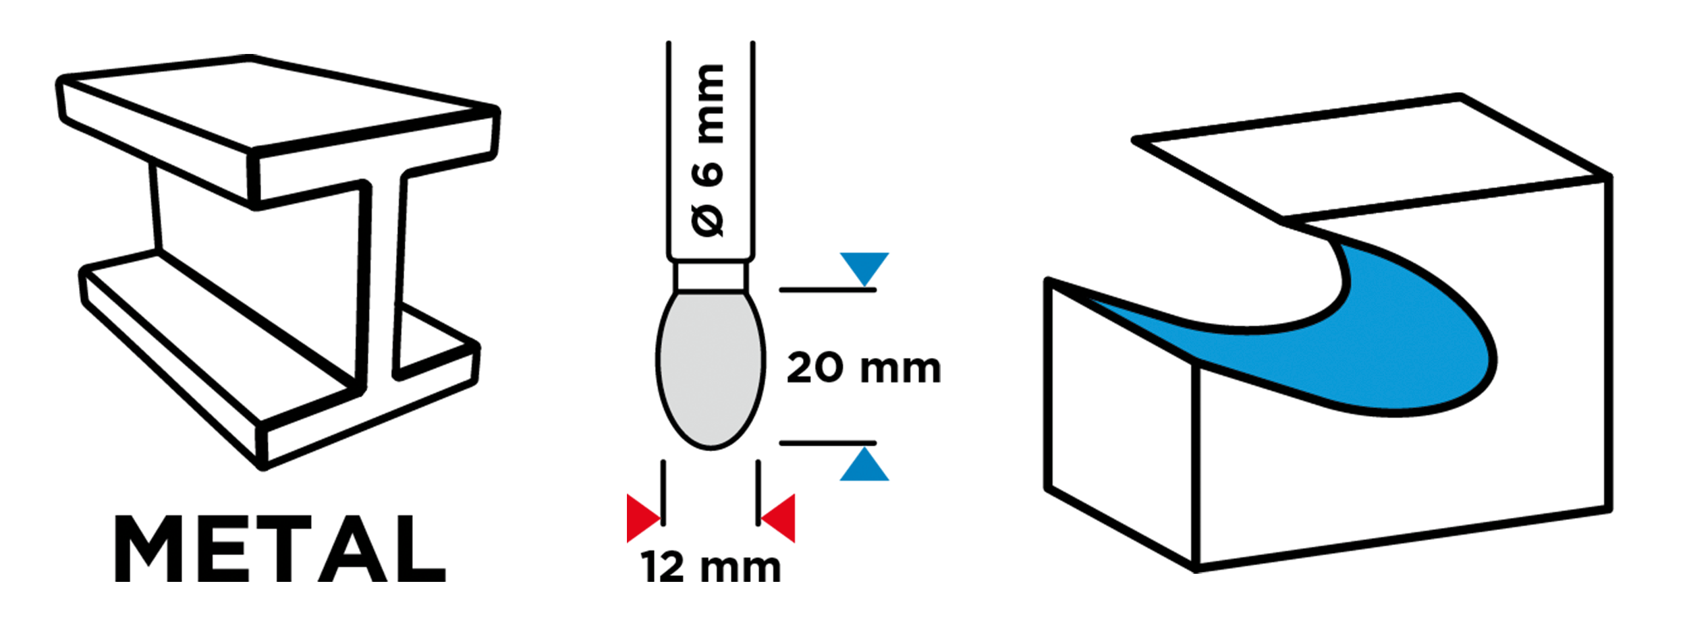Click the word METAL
tap(280, 549)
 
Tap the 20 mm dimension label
tap(864, 367)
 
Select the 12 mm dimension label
tap(711, 566)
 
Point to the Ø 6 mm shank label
tap(708, 150)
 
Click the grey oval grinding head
tap(711, 370)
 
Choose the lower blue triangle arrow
tap(864, 464)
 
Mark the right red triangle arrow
tap(777, 518)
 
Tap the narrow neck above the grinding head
tap(711, 276)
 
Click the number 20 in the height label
tap(815, 367)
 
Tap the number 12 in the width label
tap(663, 566)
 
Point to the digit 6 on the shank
tap(708, 174)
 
